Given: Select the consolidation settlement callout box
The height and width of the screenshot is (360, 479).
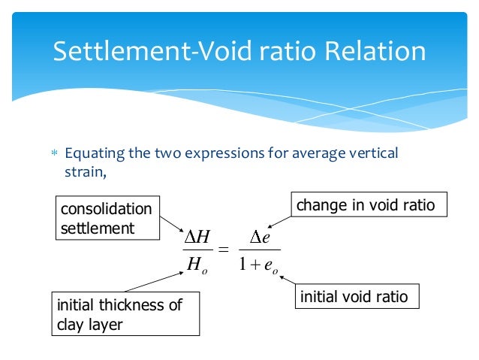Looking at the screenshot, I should click(106, 218).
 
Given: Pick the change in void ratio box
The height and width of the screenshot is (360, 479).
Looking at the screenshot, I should click(366, 204).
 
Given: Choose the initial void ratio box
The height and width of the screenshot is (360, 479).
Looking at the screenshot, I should click(354, 297).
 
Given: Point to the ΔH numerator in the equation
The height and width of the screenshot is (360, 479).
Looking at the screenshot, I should click(197, 239).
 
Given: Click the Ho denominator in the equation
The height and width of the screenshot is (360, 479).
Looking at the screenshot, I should click(197, 265).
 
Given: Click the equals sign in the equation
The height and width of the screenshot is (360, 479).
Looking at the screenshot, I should click(223, 250).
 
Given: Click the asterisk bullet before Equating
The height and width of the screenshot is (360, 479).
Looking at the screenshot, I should click(53, 155).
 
